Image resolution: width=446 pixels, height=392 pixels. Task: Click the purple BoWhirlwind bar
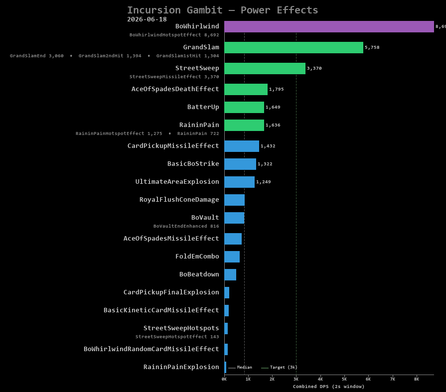coord(329,26)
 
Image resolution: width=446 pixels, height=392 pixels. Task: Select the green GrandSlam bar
coord(294,47)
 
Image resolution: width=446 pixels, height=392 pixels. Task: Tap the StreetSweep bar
coord(265,69)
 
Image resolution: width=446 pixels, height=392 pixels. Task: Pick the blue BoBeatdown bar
coord(230,274)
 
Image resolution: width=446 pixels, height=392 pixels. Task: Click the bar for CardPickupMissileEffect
coord(242,146)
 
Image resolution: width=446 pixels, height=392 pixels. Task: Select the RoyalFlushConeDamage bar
coord(235,200)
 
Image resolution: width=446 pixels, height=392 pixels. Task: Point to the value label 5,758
coord(372,47)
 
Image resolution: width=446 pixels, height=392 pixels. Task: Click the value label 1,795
coord(277,89)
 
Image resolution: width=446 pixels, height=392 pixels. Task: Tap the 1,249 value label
coord(264,182)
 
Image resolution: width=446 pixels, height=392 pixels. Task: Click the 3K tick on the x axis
coord(296,379)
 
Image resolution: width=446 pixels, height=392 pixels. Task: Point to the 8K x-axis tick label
coord(417,379)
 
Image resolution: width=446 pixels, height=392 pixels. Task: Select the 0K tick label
coord(224,379)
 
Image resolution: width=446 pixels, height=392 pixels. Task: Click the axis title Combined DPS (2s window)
coord(328,387)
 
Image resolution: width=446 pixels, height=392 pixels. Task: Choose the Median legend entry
coord(240,367)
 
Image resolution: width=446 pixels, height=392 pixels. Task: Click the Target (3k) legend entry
coord(280,367)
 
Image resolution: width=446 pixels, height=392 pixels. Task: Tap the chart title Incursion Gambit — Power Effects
coord(222,10)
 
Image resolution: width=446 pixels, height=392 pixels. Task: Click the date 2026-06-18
coord(147,19)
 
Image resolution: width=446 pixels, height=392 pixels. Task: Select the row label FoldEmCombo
coord(197,257)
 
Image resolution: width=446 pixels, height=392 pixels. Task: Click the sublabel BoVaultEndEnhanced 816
coord(186,226)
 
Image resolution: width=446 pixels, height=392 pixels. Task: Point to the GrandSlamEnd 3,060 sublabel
coord(37,56)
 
